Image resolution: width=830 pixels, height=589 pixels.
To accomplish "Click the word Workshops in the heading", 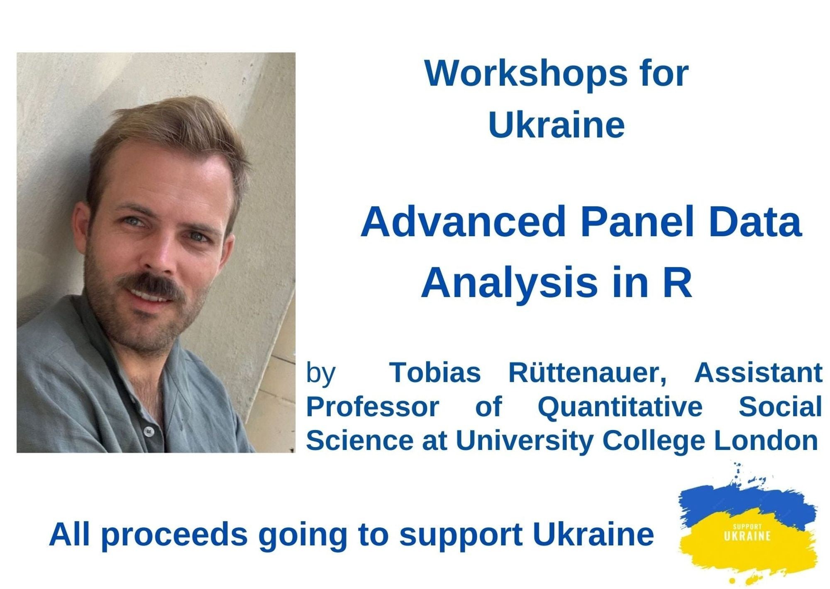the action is tap(526, 73).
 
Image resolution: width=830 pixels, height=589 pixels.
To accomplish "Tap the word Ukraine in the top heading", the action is tap(557, 125).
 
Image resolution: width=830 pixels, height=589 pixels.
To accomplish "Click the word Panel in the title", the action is tap(637, 222).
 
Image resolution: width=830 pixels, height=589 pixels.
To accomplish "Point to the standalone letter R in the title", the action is tap(678, 283).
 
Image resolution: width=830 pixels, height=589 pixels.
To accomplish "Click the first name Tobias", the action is tap(435, 372).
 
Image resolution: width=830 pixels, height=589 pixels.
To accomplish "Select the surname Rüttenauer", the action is tap(587, 372).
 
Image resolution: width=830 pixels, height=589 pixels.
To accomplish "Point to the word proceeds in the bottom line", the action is tap(174, 535).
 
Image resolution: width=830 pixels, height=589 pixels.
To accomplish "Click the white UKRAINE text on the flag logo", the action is tap(747, 536).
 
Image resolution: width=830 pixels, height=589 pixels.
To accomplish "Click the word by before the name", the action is tap(320, 373).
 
